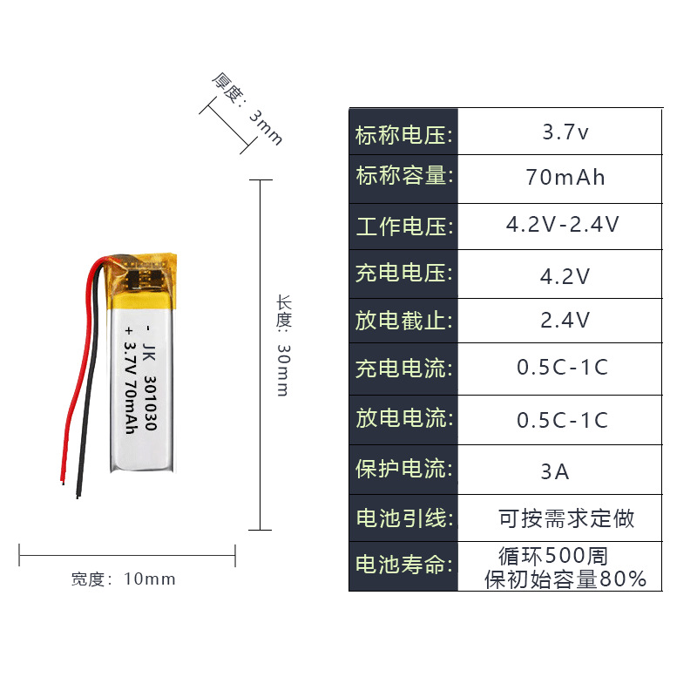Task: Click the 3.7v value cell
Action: (x=565, y=133)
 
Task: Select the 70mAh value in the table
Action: (x=565, y=178)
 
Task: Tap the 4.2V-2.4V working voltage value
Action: (x=563, y=225)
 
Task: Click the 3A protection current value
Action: (x=555, y=472)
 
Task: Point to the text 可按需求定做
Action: (x=566, y=519)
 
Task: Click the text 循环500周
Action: (x=552, y=555)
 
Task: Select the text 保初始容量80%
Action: (x=565, y=579)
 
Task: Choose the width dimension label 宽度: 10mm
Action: (x=123, y=579)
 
